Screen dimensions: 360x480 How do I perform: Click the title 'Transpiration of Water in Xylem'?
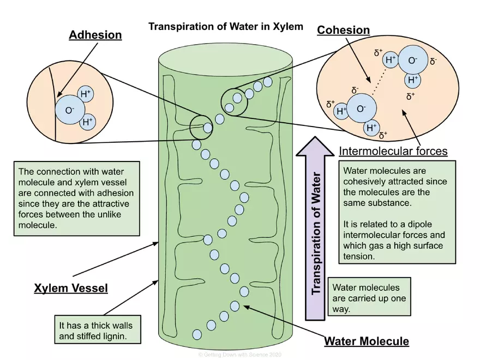(x=226, y=26)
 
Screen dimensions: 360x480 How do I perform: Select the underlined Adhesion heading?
(x=95, y=35)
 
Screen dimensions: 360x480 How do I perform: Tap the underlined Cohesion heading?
(x=343, y=31)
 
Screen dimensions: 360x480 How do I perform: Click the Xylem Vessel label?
(x=71, y=288)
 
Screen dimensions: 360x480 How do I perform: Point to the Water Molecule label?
(x=366, y=341)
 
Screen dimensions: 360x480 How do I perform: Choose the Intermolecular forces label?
(x=393, y=151)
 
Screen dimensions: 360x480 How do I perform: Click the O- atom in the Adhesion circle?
(x=69, y=110)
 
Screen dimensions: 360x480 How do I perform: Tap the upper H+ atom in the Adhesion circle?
(x=86, y=94)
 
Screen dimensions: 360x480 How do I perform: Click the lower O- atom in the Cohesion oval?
(x=361, y=109)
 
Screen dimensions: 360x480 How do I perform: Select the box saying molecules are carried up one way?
(x=370, y=298)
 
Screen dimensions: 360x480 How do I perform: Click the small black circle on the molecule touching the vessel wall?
(x=201, y=127)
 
